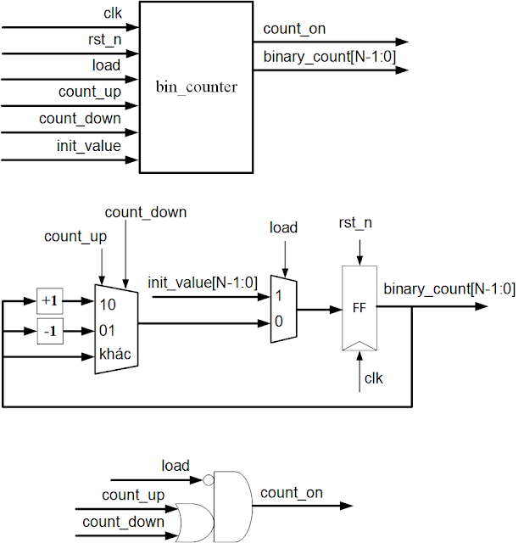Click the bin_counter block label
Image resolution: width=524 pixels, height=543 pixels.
(196, 87)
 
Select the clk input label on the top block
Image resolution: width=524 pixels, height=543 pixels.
(111, 14)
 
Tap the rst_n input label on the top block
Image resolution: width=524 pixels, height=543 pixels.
(103, 40)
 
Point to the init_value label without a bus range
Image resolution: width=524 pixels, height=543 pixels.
(88, 146)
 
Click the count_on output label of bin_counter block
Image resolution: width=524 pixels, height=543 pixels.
(294, 29)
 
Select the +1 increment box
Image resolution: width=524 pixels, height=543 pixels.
(50, 301)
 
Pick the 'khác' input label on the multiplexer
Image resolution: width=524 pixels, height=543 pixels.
(115, 355)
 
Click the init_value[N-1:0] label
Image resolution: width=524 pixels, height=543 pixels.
(202, 282)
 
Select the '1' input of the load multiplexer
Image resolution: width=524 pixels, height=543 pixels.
(277, 297)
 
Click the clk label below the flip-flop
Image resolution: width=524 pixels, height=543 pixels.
(373, 378)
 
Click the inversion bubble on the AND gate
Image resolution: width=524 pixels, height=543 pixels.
(208, 479)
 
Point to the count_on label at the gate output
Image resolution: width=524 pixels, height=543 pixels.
(292, 492)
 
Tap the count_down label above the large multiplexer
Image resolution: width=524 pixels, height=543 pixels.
(145, 212)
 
